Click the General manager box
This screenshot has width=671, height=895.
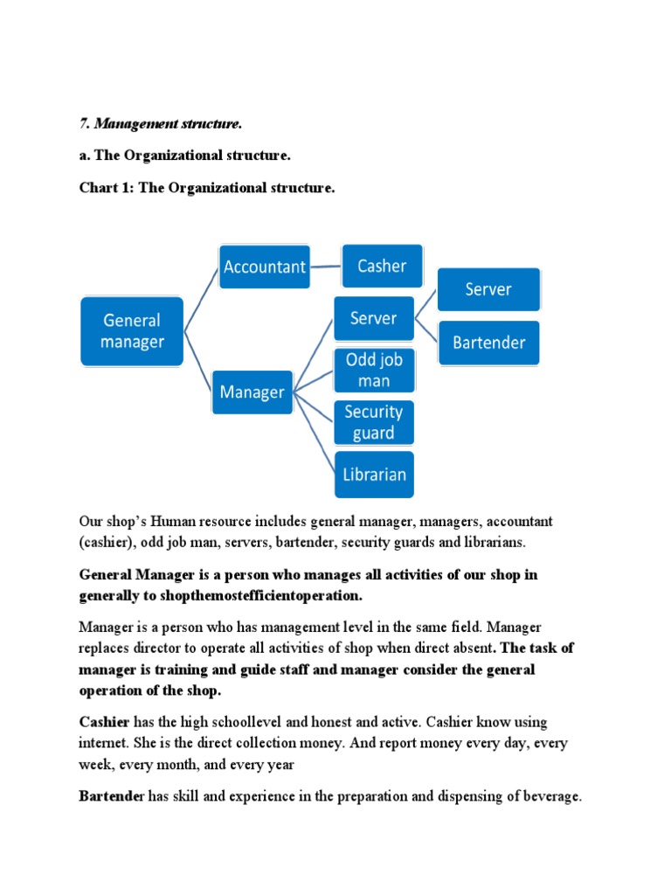(x=132, y=331)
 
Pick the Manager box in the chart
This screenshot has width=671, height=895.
(x=252, y=392)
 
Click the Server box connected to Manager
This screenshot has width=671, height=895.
(x=373, y=318)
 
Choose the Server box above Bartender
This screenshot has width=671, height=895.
(x=488, y=289)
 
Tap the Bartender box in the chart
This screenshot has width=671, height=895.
(x=488, y=343)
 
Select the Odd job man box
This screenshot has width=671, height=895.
(x=374, y=371)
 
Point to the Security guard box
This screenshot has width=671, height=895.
(x=374, y=422)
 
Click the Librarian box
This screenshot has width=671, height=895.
(x=373, y=475)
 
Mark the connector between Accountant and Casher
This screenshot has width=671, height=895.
(x=324, y=267)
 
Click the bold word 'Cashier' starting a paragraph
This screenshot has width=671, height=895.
(x=104, y=722)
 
